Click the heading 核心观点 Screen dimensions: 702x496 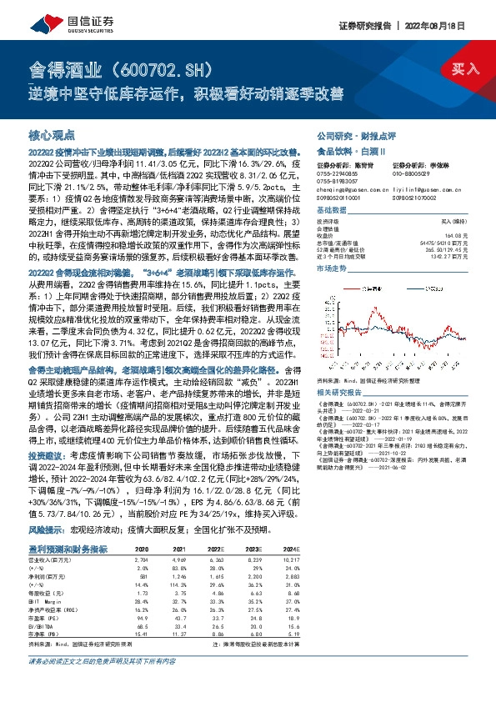pos(52,134)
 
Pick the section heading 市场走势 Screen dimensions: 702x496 pos(334,270)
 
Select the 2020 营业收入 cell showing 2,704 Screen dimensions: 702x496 pos(143,539)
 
